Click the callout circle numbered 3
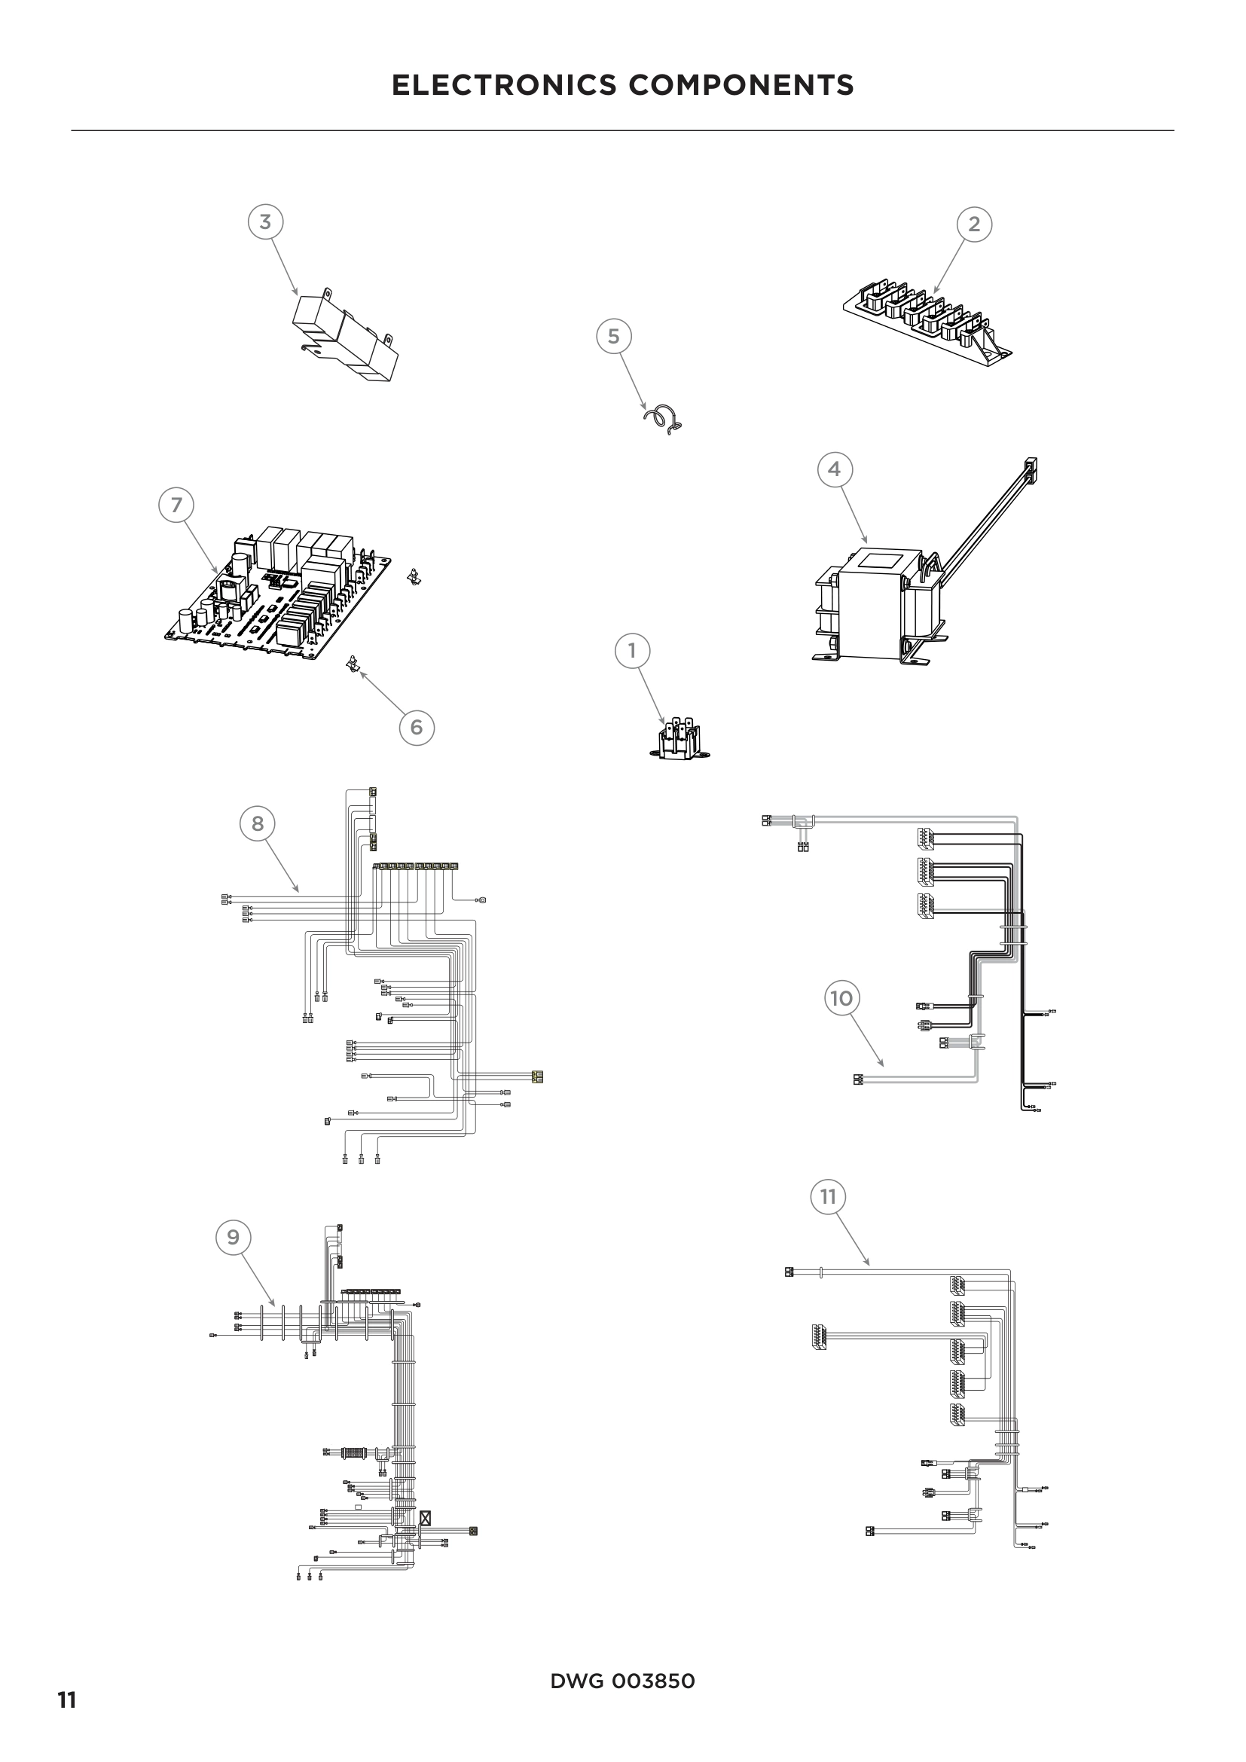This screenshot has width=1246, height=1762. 265,222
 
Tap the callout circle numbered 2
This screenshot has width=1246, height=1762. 974,224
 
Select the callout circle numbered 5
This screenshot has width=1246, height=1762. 614,336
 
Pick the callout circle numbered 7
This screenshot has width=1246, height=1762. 176,505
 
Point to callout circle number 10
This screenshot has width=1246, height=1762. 841,997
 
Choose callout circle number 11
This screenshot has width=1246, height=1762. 828,1196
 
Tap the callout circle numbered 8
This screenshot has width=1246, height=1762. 258,823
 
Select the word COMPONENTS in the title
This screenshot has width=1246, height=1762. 741,85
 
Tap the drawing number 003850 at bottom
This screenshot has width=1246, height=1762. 653,1681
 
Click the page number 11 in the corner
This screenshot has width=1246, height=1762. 67,1701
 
